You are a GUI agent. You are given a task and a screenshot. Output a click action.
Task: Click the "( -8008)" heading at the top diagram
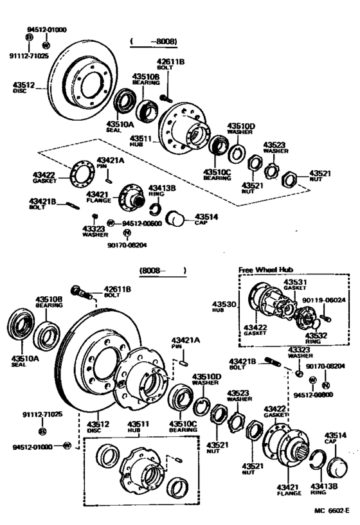(154, 42)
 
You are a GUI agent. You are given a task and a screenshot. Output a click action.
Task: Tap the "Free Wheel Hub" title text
(265, 271)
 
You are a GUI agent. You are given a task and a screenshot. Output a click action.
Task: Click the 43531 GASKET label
(295, 286)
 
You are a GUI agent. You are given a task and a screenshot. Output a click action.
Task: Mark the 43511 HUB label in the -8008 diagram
(141, 140)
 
